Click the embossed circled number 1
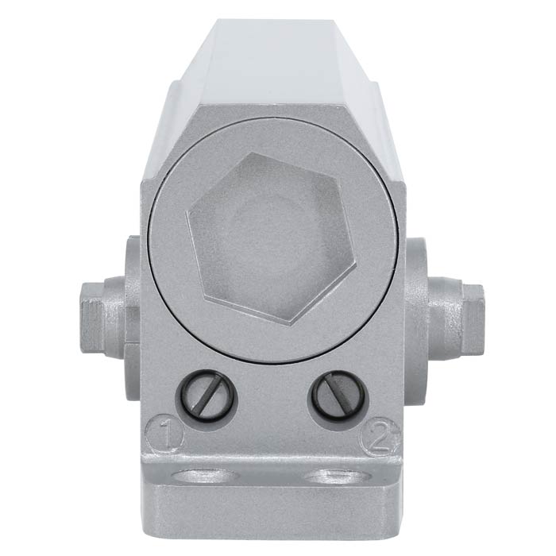coord(166,434)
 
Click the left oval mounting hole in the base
coord(206,477)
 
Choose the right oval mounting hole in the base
coord(338,477)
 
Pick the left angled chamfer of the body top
coord(179,87)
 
